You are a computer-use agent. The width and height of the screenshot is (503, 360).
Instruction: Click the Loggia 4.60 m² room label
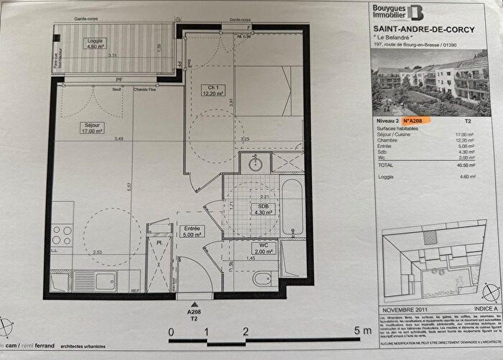(90, 44)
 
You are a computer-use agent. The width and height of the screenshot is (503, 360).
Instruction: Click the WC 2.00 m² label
(259, 249)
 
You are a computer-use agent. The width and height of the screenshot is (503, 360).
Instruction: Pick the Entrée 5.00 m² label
(192, 231)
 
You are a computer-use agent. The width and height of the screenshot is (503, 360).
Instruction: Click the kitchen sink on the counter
(105, 281)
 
